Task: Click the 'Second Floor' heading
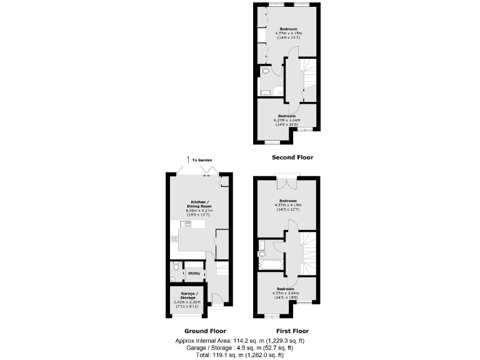click(292, 157)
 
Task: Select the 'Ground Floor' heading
click(205, 331)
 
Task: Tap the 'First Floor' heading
click(292, 331)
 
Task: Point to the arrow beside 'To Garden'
click(187, 160)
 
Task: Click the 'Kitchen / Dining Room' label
click(200, 204)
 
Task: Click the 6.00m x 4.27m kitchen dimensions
click(200, 211)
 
